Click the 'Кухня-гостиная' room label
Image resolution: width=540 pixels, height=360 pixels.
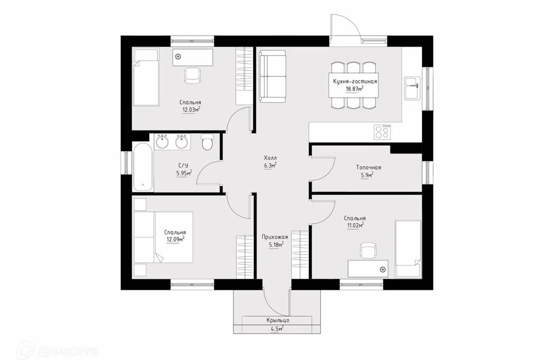[x=355, y=82]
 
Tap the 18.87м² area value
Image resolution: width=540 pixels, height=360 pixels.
[x=355, y=89]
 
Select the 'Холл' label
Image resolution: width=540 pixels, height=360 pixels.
[x=271, y=157]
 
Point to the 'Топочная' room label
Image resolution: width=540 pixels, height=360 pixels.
[x=368, y=168]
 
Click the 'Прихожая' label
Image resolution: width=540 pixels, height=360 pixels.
[x=274, y=237]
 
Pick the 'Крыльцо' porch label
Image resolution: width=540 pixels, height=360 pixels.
[x=277, y=321]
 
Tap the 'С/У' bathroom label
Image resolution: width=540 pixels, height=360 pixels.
[x=184, y=165]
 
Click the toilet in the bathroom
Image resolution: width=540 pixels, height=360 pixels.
[x=208, y=142]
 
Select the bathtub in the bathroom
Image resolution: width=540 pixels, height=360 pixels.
[x=142, y=166]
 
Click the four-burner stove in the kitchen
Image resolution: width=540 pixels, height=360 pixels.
[x=382, y=131]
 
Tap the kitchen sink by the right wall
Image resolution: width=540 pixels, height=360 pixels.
[x=412, y=88]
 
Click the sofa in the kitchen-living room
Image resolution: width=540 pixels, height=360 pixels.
[x=273, y=76]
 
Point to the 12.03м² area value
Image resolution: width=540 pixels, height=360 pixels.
[x=191, y=110]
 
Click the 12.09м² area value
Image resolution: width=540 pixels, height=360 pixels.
[x=175, y=240]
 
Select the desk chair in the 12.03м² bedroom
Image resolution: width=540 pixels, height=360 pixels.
[x=192, y=75]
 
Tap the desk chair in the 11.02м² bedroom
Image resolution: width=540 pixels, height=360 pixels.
[x=368, y=250]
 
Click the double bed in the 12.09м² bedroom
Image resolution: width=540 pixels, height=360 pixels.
[x=163, y=237]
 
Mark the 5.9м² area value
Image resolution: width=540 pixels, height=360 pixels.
[x=367, y=175]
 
